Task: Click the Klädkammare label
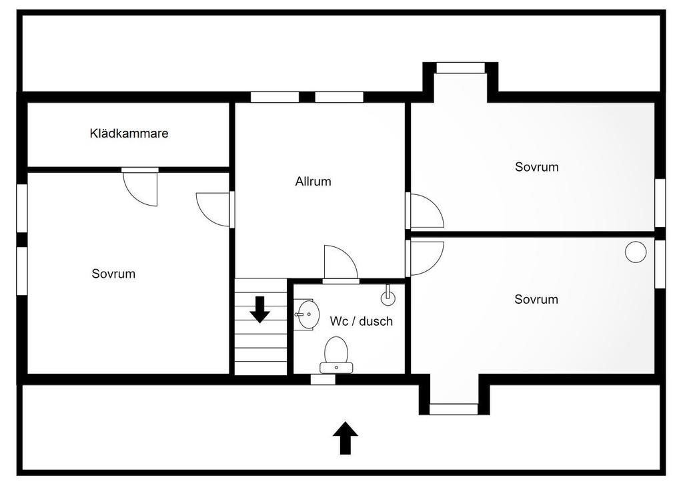click(129, 134)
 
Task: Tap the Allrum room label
click(313, 182)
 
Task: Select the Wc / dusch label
click(361, 321)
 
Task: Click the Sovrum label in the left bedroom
click(113, 274)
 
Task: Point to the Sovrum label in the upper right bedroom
click(536, 167)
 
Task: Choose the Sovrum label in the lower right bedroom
click(536, 300)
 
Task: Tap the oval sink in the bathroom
click(306, 314)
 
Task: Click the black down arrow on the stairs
click(259, 308)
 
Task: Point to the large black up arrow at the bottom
click(345, 438)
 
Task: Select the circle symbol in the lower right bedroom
click(635, 252)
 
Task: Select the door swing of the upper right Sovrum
click(426, 211)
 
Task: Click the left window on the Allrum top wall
click(275, 97)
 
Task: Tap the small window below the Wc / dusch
click(323, 379)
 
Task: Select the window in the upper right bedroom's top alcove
click(460, 67)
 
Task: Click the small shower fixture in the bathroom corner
click(388, 294)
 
